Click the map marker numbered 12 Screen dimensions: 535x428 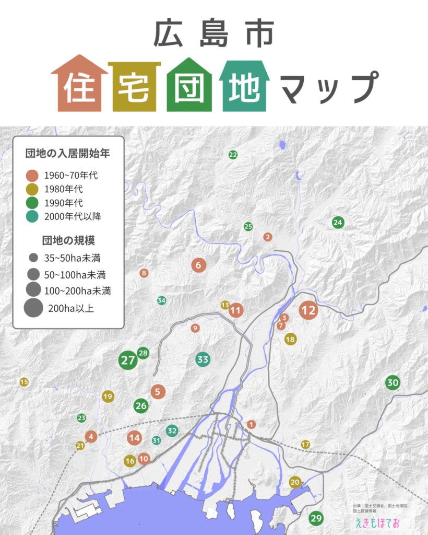pos(308,310)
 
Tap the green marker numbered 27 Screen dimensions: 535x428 pos(128,360)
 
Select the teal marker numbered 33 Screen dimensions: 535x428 pos(203,359)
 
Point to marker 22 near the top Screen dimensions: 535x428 pos(233,155)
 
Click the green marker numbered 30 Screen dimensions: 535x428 pos(393,383)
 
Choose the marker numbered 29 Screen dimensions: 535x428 pos(316,519)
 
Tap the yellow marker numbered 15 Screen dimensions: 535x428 pos(24,382)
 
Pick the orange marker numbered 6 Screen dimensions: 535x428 pos(198,265)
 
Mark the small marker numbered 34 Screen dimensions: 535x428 pos(162,300)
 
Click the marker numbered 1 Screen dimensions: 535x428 pos(251,424)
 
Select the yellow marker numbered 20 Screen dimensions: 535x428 pos(295,482)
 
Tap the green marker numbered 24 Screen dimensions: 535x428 pos(338,223)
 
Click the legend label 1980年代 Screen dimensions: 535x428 pos(64,189)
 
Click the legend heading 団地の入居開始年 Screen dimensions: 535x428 pos(67,154)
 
